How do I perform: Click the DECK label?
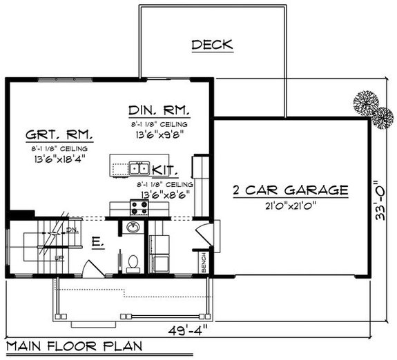(212, 46)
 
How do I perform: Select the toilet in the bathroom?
(133, 261)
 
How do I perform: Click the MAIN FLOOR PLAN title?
(70, 346)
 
